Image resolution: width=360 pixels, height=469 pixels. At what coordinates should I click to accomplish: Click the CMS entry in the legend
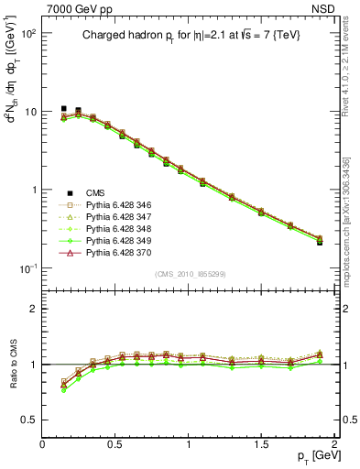coord(97,191)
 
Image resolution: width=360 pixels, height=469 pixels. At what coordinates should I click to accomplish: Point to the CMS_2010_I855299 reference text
coord(191,274)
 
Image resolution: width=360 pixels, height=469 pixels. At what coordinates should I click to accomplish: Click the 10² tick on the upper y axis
coord(28,33)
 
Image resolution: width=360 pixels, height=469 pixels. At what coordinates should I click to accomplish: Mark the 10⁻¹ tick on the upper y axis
coord(28,268)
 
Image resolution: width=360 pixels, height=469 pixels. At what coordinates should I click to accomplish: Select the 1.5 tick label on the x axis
coord(262,443)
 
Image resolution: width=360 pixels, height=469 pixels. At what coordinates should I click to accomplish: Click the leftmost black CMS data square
coord(63,109)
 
